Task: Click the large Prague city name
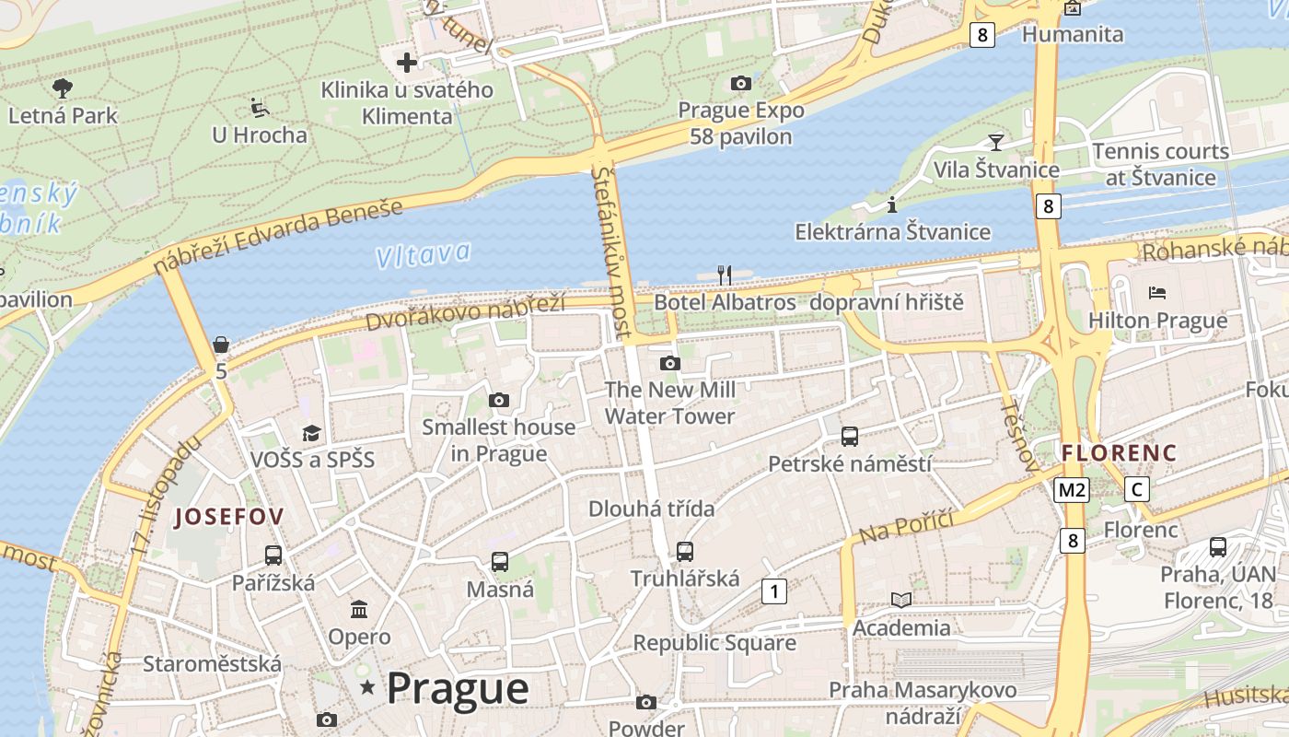coord(458,688)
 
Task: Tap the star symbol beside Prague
coord(368,686)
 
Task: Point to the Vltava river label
coord(424,254)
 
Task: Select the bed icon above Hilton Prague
coord(1157,293)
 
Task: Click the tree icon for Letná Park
coord(63,88)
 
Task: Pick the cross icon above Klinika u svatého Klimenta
coord(406,63)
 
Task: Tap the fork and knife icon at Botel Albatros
coord(725,275)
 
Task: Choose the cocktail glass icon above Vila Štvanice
coord(995,142)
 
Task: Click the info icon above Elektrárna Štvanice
coord(891,205)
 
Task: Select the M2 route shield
coord(1072,489)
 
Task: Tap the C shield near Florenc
coord(1138,489)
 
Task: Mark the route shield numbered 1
coord(774,591)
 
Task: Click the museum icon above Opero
coord(359,609)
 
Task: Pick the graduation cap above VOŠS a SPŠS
coord(312,433)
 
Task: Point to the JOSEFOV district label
coord(229,517)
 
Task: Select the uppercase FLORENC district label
coord(1119,453)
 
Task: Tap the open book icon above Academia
coord(901,600)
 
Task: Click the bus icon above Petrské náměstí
coord(850,436)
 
